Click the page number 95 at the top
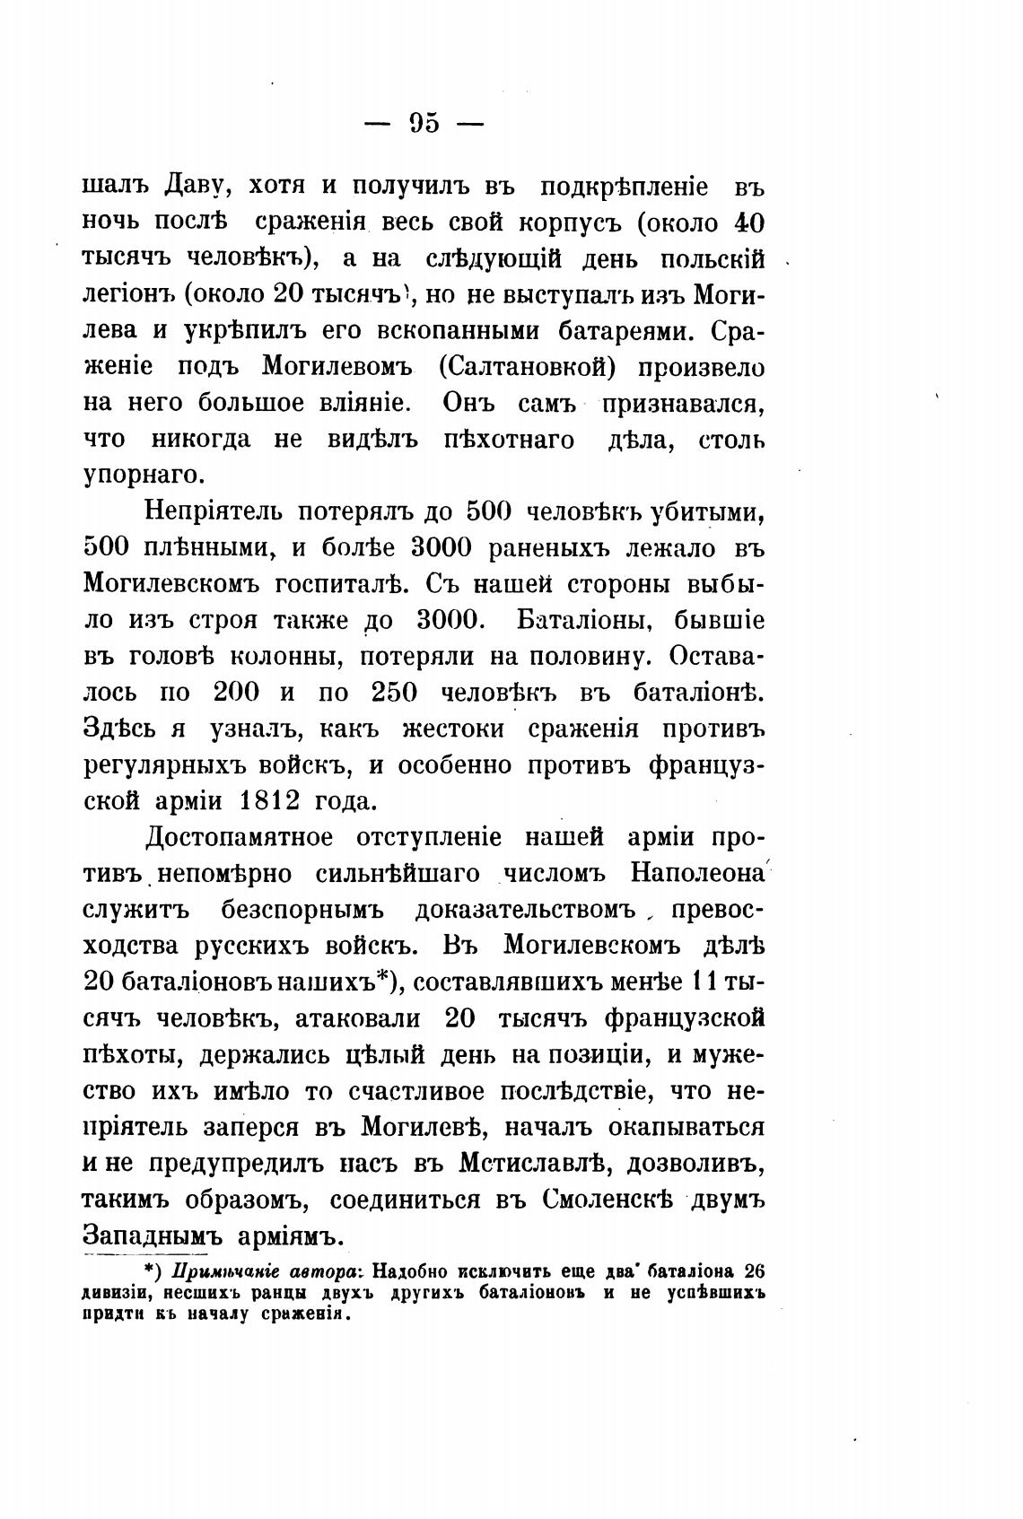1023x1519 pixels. tap(424, 123)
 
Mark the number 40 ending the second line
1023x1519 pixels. tap(749, 223)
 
